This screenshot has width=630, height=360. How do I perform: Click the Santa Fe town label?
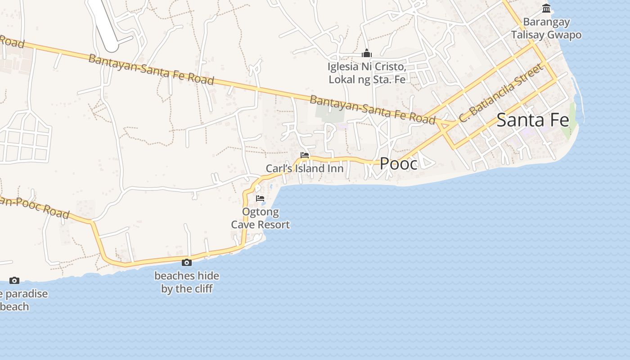(533, 120)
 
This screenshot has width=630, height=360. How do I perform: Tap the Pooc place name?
(399, 164)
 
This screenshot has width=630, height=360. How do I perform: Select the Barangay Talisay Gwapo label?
(546, 28)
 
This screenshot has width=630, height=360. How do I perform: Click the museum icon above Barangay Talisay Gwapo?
(546, 8)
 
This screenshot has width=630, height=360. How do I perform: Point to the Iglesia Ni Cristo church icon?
(367, 54)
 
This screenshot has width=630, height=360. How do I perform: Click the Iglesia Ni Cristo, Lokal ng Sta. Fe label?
(367, 73)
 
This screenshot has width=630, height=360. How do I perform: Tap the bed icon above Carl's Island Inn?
(305, 155)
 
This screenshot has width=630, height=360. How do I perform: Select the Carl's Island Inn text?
(305, 169)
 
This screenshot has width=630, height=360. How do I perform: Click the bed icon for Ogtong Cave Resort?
(260, 198)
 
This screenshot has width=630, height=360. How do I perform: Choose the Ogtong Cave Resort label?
(261, 218)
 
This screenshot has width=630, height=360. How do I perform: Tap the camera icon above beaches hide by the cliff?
(187, 262)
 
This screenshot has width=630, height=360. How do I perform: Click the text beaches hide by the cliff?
(187, 282)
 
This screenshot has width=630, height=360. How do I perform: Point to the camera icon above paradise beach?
(14, 280)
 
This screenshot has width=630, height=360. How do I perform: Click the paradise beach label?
(22, 300)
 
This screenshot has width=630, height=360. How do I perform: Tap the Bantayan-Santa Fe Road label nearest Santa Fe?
(373, 109)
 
